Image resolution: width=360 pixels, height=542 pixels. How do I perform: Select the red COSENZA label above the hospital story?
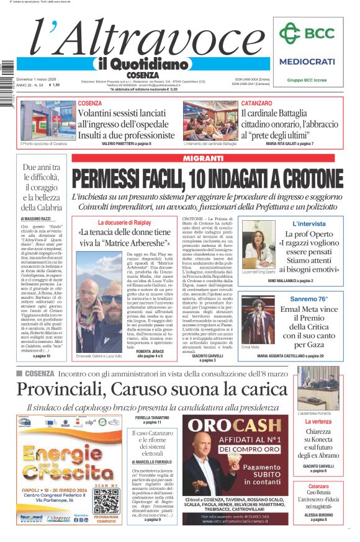pyautogui.click(x=90, y=103)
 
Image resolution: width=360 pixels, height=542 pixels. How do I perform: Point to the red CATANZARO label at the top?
pyautogui.click(x=256, y=103)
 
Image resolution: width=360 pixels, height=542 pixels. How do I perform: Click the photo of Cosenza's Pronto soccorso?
pyautogui.click(x=47, y=120)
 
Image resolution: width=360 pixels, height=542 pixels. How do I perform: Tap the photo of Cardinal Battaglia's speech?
pyautogui.click(x=210, y=120)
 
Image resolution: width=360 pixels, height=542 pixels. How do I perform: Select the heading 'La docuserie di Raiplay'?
pyautogui.click(x=124, y=222)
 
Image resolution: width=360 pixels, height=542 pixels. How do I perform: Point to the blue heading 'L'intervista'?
pyautogui.click(x=308, y=223)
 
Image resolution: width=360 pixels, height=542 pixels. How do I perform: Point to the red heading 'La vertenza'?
pyautogui.click(x=317, y=422)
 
